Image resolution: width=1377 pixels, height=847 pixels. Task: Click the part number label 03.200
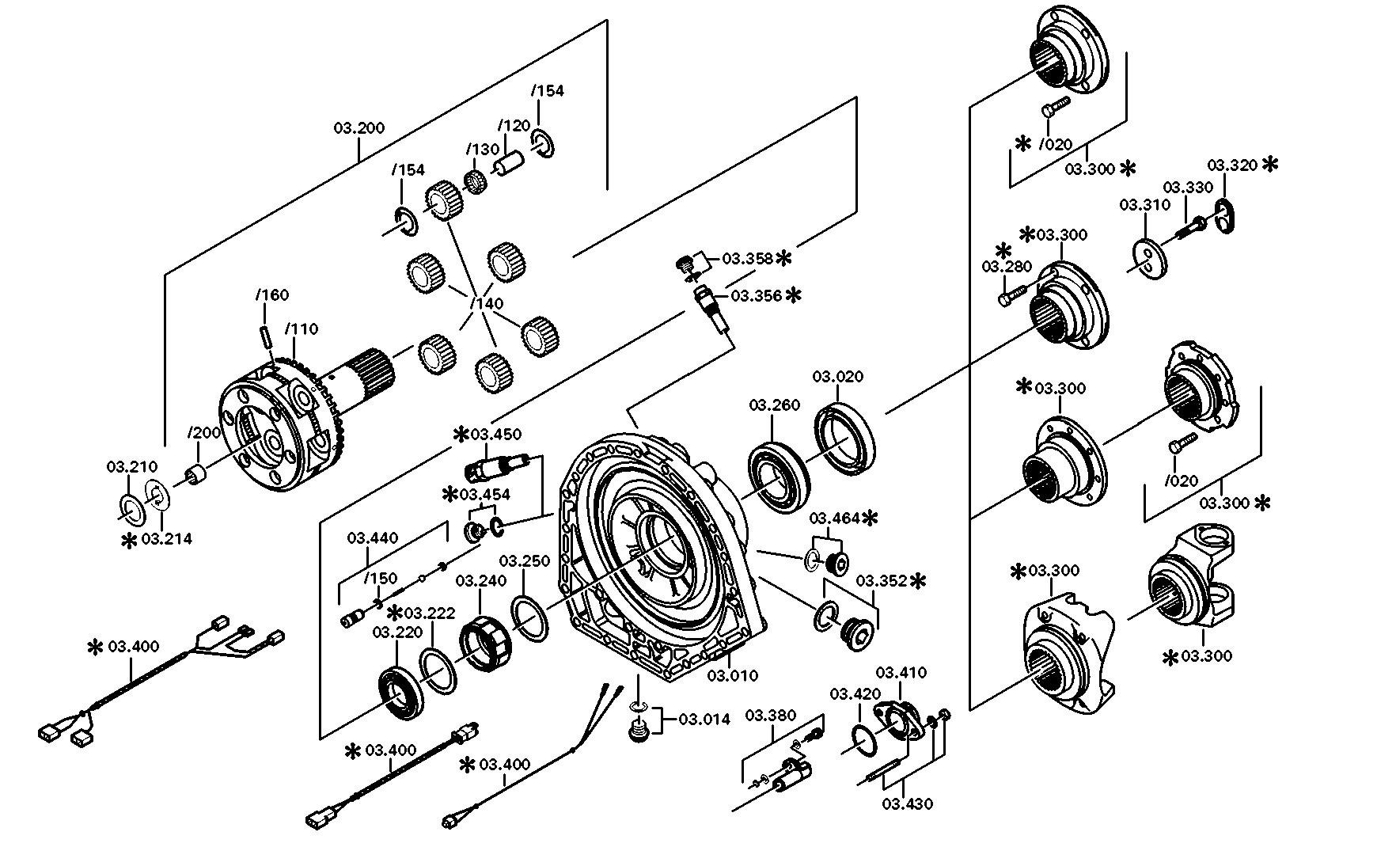(x=358, y=127)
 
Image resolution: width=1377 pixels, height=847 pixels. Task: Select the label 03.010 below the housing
(x=732, y=675)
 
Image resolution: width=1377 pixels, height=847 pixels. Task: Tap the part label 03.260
(x=775, y=405)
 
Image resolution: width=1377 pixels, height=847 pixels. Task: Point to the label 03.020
(x=838, y=377)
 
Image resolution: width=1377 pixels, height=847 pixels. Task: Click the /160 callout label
(x=272, y=295)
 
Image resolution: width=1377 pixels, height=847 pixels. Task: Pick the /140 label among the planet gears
(x=486, y=303)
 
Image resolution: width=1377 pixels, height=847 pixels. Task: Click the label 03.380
(x=771, y=716)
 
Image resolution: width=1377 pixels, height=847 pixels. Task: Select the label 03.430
(x=907, y=804)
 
